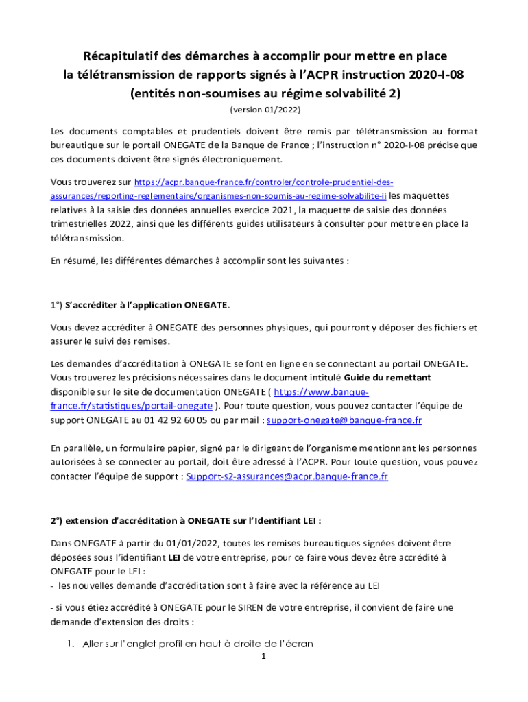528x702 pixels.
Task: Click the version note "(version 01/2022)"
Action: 265,110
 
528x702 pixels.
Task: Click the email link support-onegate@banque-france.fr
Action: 344,420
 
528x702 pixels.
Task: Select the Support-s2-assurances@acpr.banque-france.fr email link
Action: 287,476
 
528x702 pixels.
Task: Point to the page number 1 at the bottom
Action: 263,657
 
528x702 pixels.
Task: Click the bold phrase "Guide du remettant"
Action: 387,378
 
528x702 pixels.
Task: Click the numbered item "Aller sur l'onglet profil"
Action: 197,644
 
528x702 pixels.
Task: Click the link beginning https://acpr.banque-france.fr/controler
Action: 263,182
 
